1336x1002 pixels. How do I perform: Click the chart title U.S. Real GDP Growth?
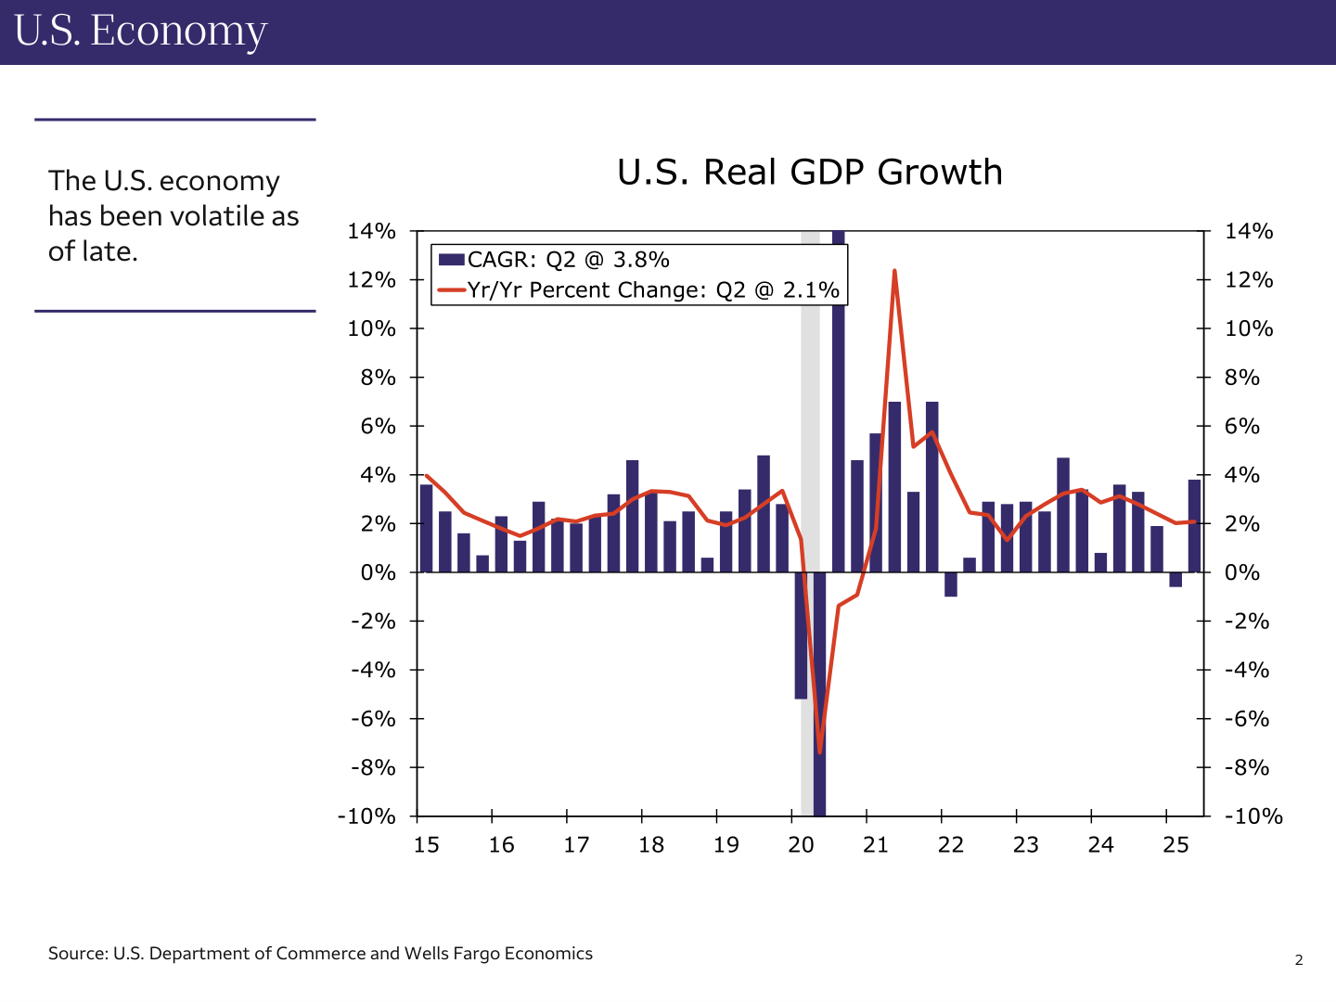pyautogui.click(x=810, y=173)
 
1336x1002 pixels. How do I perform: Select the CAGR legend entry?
pyautogui.click(x=554, y=260)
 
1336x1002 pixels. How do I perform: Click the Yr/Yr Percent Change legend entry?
pyautogui.click(x=638, y=289)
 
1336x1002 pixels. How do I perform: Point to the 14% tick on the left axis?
pyautogui.click(x=371, y=231)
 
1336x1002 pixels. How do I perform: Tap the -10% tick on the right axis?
pyautogui.click(x=1253, y=816)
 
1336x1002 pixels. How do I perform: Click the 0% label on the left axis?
pyautogui.click(x=378, y=572)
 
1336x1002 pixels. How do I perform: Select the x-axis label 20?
pyautogui.click(x=801, y=845)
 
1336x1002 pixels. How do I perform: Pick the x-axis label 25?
pyautogui.click(x=1175, y=845)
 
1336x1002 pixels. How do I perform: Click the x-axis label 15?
pyautogui.click(x=426, y=845)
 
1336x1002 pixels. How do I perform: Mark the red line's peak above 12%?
pyautogui.click(x=894, y=272)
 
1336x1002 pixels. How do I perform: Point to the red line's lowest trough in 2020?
pyautogui.click(x=820, y=751)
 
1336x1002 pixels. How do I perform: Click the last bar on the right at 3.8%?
pyautogui.click(x=1194, y=525)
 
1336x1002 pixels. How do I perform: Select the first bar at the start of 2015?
pyautogui.click(x=426, y=528)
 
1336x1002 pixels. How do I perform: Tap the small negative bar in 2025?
pyautogui.click(x=1175, y=580)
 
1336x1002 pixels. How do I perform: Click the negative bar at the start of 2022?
pyautogui.click(x=950, y=584)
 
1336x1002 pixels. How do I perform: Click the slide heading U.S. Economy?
pyautogui.click(x=141, y=31)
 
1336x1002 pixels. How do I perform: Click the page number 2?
pyautogui.click(x=1299, y=960)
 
